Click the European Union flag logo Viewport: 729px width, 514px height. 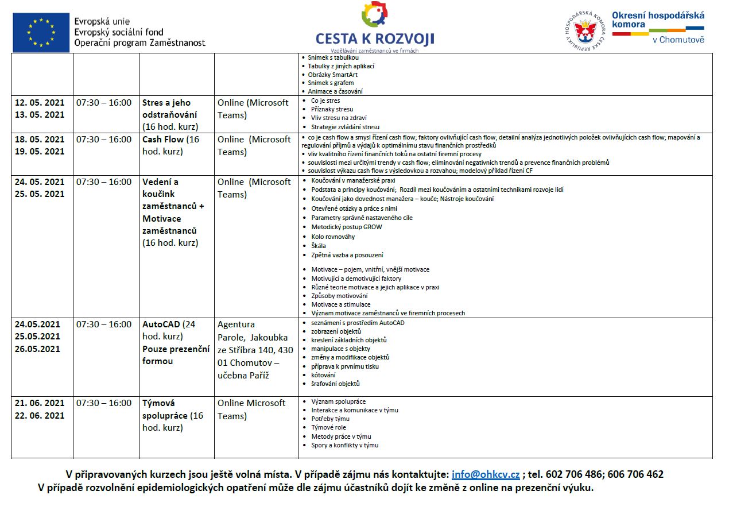point(41,32)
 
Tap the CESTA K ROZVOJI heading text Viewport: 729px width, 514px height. point(374,38)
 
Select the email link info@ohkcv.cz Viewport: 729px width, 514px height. point(486,474)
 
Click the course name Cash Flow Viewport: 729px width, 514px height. point(163,140)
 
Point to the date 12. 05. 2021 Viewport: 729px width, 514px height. point(40,102)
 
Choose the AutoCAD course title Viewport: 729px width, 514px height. point(161,324)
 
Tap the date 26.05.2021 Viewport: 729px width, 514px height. point(37,349)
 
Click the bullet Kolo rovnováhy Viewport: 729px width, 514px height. point(332,236)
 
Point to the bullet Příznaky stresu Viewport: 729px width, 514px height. point(332,109)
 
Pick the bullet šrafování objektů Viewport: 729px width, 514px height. point(335,384)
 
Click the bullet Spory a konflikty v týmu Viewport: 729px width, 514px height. point(344,445)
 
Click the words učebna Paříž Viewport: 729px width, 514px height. point(243,376)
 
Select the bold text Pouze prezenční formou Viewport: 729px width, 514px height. point(176,354)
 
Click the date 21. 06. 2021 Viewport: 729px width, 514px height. point(40,403)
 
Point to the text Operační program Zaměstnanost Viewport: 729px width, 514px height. point(139,43)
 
